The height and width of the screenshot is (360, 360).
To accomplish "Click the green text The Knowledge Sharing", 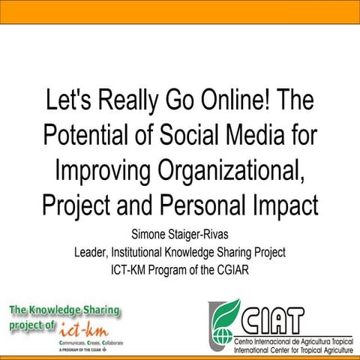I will click(64, 310).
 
